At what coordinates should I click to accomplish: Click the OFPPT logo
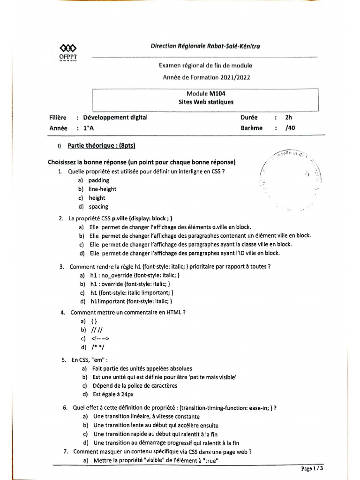(x=69, y=52)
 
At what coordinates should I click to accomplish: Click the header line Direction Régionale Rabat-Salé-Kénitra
(x=206, y=46)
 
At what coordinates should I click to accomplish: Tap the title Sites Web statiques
(x=206, y=102)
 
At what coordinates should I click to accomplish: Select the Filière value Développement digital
(x=115, y=118)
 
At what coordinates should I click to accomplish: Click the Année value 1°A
(x=89, y=127)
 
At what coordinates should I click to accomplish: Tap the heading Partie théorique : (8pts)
(x=102, y=146)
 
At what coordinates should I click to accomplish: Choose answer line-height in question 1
(x=102, y=189)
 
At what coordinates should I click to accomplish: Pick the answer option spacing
(x=98, y=206)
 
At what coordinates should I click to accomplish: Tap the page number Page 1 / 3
(x=312, y=468)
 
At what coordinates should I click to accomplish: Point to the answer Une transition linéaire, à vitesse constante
(x=146, y=416)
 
